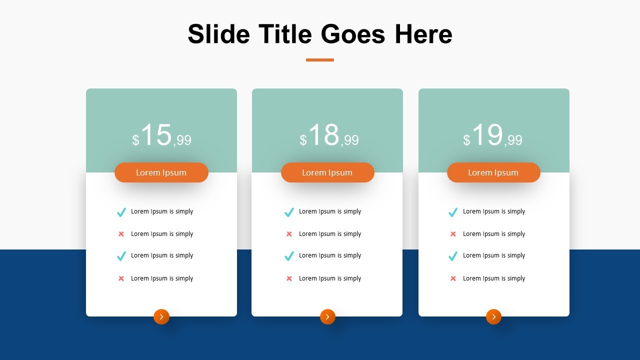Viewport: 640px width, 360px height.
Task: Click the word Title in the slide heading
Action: pos(285,34)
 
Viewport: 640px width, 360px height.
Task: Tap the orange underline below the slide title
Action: pos(320,60)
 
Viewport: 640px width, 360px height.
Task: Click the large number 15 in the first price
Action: pos(156,135)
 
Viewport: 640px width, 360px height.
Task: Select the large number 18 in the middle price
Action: pos(324,135)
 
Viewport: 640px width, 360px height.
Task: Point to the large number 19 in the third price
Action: pos(487,135)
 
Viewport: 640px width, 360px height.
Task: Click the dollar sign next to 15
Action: pos(135,140)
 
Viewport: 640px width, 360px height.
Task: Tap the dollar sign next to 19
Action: pos(466,140)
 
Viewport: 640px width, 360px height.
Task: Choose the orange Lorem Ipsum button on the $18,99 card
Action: pos(327,172)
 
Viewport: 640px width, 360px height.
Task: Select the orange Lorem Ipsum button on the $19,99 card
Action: pos(493,172)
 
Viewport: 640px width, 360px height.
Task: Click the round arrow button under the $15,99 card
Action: pos(161,316)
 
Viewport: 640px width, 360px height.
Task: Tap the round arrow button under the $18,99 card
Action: pos(327,316)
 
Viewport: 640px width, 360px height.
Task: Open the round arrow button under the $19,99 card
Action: pos(493,316)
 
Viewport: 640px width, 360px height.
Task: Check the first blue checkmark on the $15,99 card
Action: pos(121,212)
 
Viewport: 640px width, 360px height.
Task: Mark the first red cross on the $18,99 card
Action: pos(289,234)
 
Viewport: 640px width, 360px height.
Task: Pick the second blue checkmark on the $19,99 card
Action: pos(453,256)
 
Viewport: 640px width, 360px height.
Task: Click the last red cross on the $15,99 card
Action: pos(121,278)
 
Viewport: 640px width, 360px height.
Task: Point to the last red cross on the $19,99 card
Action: pos(453,278)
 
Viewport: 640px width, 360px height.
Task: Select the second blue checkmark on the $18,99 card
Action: pos(289,256)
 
